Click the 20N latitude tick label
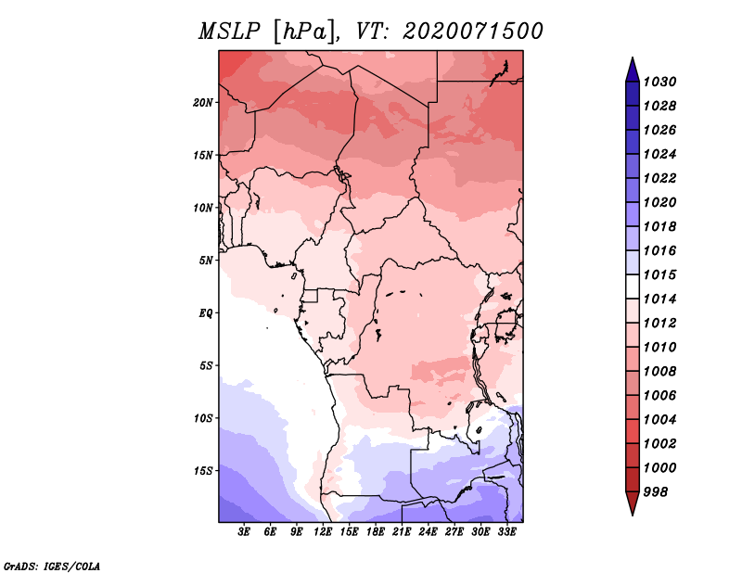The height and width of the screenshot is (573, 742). (203, 103)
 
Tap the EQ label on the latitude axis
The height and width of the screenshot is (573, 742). (205, 313)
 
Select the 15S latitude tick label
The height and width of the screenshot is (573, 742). (203, 471)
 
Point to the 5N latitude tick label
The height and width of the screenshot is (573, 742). (206, 261)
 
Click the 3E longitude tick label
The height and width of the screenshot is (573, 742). (244, 532)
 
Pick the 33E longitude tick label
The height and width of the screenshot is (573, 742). (506, 532)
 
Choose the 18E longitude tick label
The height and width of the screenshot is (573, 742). (376, 532)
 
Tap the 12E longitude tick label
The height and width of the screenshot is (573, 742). (323, 532)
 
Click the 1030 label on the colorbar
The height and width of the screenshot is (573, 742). (659, 82)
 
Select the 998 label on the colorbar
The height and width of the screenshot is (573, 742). (656, 492)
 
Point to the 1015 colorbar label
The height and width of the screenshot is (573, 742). (659, 274)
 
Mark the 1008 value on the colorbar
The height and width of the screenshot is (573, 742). (659, 372)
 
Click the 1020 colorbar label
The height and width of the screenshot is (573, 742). (659, 202)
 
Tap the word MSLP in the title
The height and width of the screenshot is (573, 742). (229, 32)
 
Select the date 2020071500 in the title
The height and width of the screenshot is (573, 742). (473, 32)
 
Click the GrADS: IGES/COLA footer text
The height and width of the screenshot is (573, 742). (52, 566)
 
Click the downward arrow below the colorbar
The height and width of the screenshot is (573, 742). (633, 503)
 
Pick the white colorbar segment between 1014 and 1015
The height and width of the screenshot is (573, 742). (633, 286)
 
